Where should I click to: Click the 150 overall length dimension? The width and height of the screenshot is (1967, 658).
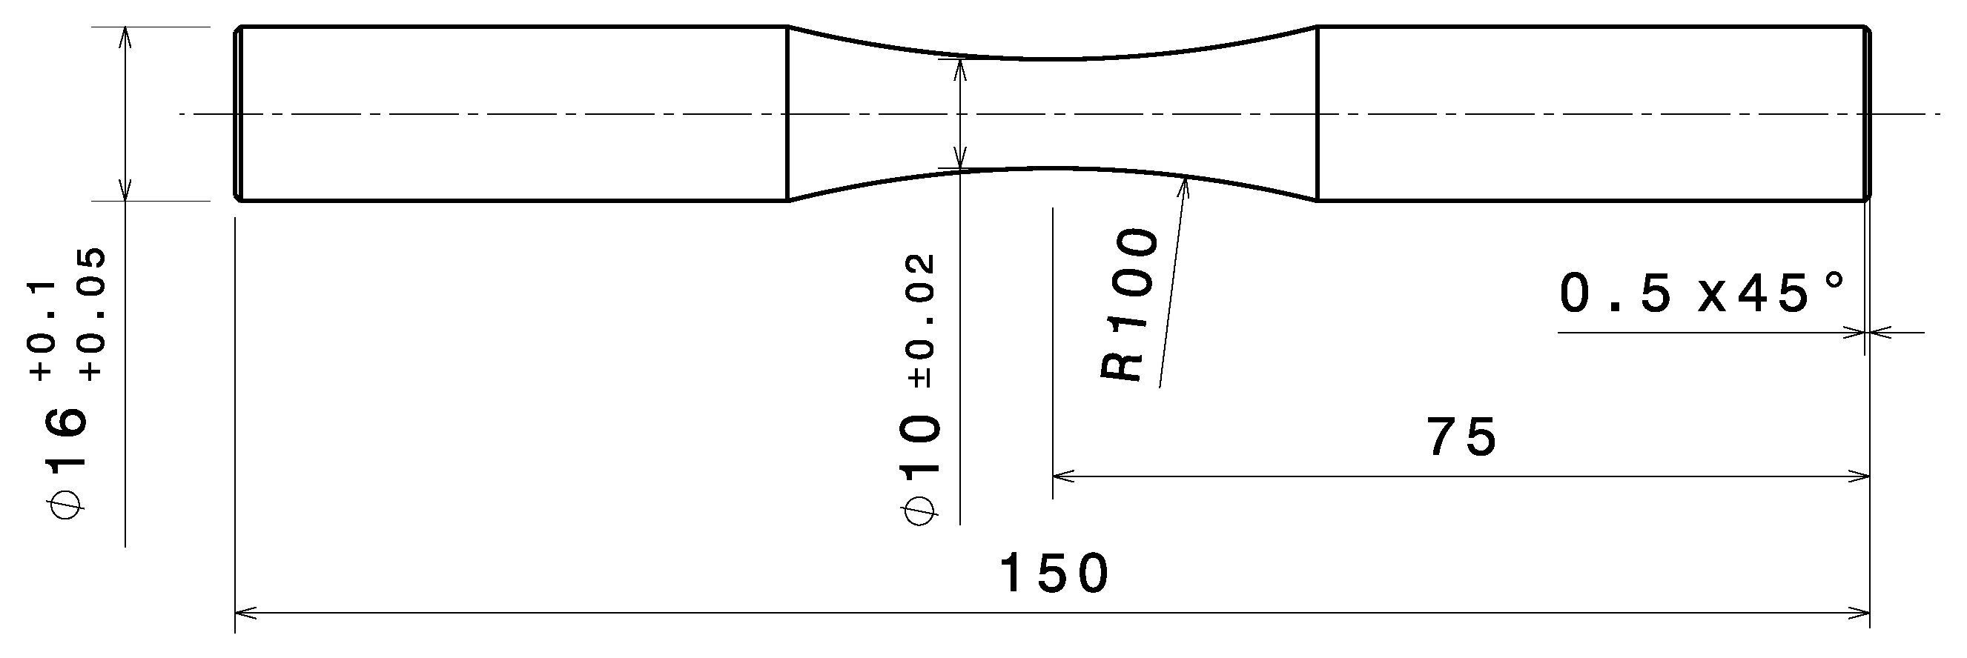[x=1054, y=575]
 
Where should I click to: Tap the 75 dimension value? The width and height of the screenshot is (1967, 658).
[x=1461, y=439]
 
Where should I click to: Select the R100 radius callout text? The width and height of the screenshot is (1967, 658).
[x=1131, y=305]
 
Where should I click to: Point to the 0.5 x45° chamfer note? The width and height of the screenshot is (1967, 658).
[x=1703, y=295]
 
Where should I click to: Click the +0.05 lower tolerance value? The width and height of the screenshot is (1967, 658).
[x=93, y=314]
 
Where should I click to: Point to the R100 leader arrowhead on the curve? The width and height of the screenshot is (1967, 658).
[x=1183, y=184]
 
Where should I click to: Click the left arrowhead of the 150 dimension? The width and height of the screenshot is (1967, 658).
[x=243, y=612]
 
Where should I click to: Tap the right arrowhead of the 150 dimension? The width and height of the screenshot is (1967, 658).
[x=1862, y=612]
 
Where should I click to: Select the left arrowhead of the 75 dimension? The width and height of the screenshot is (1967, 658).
[x=1062, y=476]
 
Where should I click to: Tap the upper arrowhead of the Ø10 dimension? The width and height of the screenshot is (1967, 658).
[x=961, y=68]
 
